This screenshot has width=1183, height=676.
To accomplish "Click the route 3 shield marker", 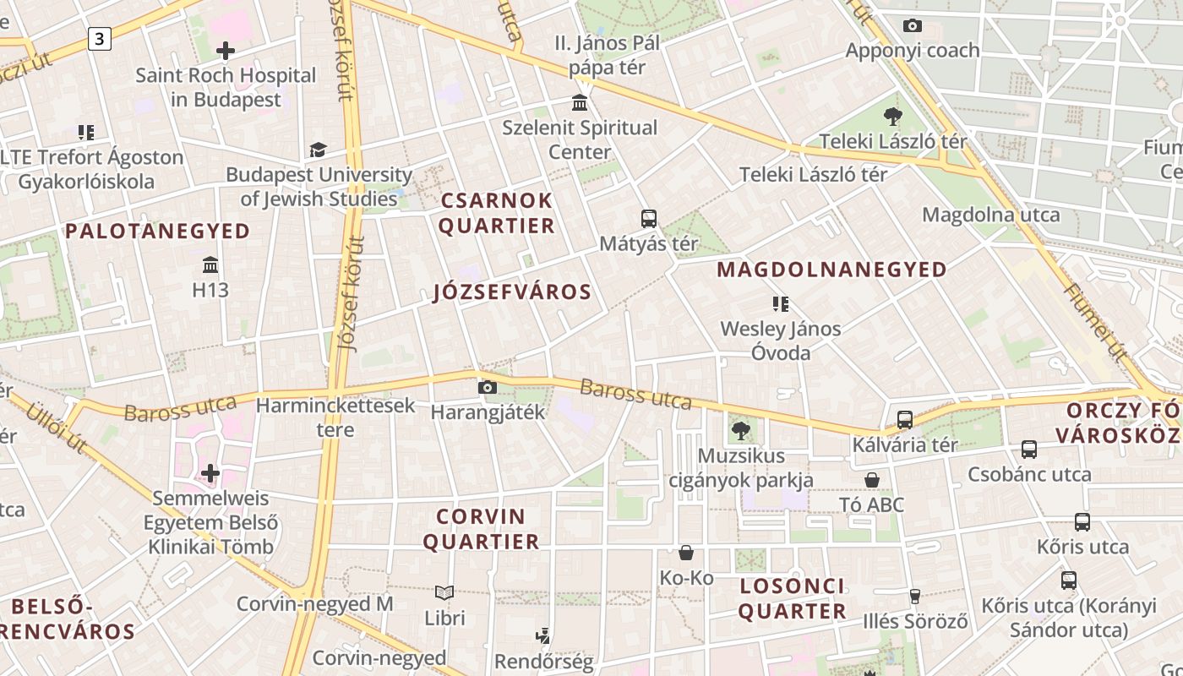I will (100, 38).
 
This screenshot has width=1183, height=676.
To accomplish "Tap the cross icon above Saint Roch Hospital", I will (226, 51).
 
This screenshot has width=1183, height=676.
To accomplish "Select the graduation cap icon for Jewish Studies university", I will (318, 150).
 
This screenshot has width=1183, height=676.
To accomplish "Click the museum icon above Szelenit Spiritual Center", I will (580, 103).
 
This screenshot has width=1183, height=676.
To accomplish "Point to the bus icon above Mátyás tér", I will (649, 219).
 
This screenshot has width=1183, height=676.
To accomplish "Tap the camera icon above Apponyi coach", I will (912, 25).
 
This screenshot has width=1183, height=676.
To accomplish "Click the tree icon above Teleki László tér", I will (893, 116).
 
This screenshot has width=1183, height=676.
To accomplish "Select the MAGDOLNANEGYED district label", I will (831, 270).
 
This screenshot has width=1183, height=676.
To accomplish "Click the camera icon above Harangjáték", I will (488, 388).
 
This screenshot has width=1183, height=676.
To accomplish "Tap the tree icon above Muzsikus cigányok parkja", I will (741, 431).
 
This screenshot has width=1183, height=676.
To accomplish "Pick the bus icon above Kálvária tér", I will (905, 419).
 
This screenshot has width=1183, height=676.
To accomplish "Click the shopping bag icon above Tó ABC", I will (872, 480).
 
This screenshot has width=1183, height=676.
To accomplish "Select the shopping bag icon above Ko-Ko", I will (686, 553).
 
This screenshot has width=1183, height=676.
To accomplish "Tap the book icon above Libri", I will (444, 592).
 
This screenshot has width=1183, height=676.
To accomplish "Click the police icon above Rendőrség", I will (543, 635).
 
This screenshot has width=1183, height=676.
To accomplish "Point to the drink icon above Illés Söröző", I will (914, 597).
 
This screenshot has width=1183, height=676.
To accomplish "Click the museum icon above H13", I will (210, 265).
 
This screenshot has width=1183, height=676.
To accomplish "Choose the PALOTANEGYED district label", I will (158, 231).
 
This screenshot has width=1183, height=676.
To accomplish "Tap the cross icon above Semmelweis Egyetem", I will (210, 473).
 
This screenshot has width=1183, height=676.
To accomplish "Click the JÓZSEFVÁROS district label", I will (512, 292).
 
